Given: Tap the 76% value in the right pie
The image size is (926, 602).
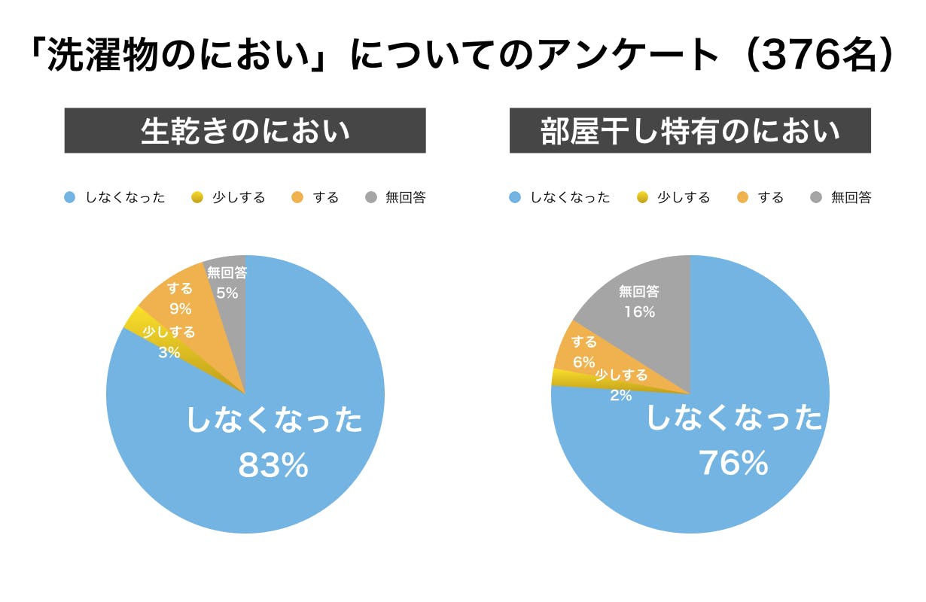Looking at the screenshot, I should click(733, 464).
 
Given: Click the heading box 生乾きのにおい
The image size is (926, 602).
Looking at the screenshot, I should click(245, 131).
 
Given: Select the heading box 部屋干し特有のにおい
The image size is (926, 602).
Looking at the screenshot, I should click(690, 131).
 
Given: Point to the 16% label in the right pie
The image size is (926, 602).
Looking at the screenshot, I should click(639, 312).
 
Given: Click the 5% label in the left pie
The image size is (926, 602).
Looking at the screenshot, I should click(227, 293).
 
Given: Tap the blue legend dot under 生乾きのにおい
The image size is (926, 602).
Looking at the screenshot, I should click(69, 198).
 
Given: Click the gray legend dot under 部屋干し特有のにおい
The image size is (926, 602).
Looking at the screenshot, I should click(816, 198).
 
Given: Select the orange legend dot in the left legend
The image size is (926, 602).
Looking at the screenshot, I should click(298, 198).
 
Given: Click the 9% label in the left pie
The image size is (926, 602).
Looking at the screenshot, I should click(180, 309).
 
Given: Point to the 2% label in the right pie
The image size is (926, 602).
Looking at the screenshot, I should click(620, 394).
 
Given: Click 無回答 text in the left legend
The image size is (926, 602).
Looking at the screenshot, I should click(406, 198).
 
